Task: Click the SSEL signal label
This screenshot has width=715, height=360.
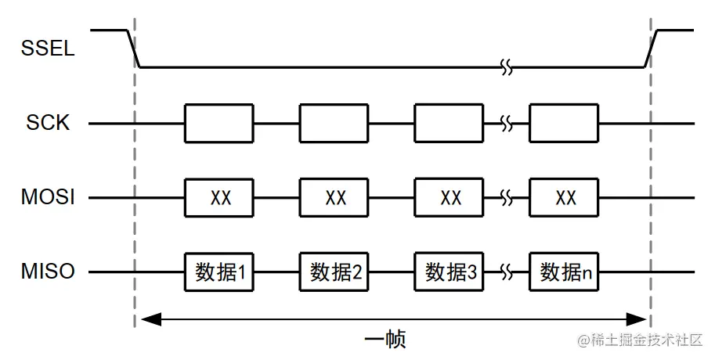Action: (48, 49)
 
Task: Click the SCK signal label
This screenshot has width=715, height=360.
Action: (49, 124)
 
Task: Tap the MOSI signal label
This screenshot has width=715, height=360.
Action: (48, 198)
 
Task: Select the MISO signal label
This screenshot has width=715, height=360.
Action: (48, 272)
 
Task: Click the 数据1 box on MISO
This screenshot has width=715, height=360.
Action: (219, 272)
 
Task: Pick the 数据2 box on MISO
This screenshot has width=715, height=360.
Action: (334, 272)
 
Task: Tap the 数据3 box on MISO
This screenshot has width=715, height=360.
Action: (450, 272)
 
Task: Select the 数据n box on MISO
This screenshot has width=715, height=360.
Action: (565, 272)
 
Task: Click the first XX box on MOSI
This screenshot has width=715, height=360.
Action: (219, 198)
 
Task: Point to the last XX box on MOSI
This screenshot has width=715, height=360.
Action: (565, 198)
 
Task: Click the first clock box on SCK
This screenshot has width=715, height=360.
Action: (219, 124)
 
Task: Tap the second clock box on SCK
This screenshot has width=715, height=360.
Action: (334, 124)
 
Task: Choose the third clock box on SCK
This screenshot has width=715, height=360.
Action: (450, 124)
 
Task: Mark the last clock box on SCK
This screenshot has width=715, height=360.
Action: (565, 124)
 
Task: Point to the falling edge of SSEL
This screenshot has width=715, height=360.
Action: (133, 49)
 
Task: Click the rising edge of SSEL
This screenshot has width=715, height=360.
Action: (651, 49)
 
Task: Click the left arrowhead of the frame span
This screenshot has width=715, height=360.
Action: (146, 319)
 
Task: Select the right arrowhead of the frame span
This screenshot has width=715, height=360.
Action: (638, 319)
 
